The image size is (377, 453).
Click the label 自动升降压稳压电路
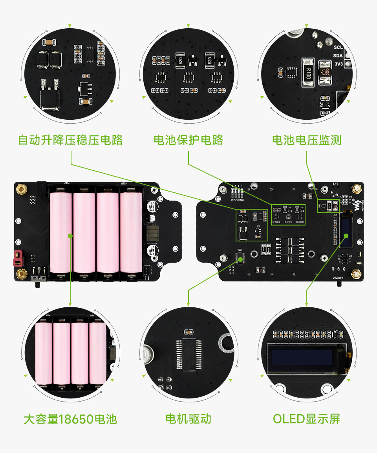coord(70,140)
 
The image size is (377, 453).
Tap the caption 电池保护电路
coord(188,140)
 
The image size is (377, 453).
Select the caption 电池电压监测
coord(307,140)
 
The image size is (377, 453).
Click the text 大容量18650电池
coord(70,419)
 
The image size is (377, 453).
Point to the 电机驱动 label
coord(188,419)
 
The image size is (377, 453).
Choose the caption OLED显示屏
coord(307,419)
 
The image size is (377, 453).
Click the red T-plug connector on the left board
coord(18,257)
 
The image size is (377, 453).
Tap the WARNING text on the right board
coord(237,199)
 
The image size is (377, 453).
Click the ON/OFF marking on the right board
coord(339,278)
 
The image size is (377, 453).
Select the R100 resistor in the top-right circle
coord(307,73)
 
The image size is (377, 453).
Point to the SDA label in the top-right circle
coord(338,55)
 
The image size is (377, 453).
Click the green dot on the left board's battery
coord(70,236)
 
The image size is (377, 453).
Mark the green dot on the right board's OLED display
coord(346,236)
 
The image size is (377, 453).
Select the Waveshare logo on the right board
coord(357,205)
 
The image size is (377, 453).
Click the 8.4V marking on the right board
coord(335,183)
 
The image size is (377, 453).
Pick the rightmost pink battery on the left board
coord(131,232)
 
